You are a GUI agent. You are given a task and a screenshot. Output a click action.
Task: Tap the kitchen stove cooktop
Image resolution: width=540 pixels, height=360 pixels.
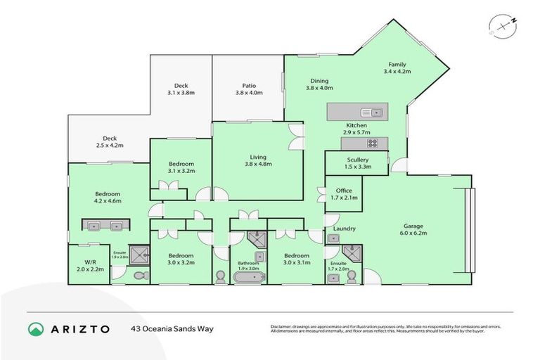(x=371, y=143)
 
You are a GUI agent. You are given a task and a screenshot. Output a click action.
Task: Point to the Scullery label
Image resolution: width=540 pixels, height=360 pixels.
(x=357, y=160)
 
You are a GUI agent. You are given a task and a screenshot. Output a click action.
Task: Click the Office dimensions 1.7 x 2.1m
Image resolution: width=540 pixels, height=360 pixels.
(x=344, y=198)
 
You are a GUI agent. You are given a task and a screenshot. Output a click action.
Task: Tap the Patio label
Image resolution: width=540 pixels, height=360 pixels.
(x=248, y=85)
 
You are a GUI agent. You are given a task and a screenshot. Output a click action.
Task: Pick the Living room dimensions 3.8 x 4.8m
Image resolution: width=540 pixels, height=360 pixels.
(x=257, y=164)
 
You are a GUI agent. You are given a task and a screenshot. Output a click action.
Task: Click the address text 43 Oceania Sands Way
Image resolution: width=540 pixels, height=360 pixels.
(x=172, y=328)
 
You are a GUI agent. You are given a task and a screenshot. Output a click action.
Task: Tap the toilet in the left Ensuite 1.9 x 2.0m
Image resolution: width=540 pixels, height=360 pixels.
(x=139, y=275)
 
